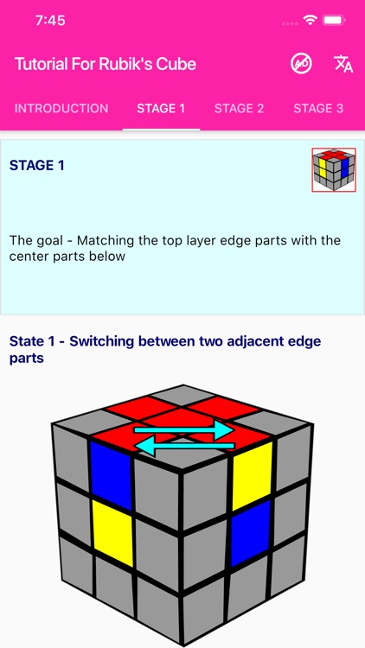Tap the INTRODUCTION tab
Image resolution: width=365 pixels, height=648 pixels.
[x=61, y=108]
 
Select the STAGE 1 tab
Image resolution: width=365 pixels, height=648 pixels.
[x=161, y=108]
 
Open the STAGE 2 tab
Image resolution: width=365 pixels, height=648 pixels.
[x=239, y=108]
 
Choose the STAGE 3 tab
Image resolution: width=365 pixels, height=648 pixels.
[x=318, y=108]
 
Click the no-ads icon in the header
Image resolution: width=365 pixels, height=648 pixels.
[x=301, y=64]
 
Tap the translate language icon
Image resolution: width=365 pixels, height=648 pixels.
[x=343, y=64]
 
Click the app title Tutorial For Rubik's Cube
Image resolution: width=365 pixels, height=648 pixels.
[x=106, y=64]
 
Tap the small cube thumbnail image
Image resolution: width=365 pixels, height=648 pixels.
[x=334, y=170]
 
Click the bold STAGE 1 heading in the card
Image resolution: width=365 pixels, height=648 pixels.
[x=37, y=165]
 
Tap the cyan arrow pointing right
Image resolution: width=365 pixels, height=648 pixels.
[x=184, y=430]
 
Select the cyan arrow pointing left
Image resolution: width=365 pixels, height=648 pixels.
[x=184, y=446]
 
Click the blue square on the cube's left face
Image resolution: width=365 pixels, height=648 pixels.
[x=111, y=475]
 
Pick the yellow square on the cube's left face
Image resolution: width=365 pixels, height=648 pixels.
[x=113, y=533]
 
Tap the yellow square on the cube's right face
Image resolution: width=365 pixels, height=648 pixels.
[x=252, y=476]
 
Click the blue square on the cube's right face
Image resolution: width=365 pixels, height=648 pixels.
[x=250, y=532]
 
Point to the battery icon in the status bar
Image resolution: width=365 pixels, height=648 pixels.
[x=335, y=20]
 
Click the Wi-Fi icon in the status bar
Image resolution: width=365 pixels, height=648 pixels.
[x=309, y=19]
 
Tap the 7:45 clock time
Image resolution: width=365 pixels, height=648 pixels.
[x=50, y=20]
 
